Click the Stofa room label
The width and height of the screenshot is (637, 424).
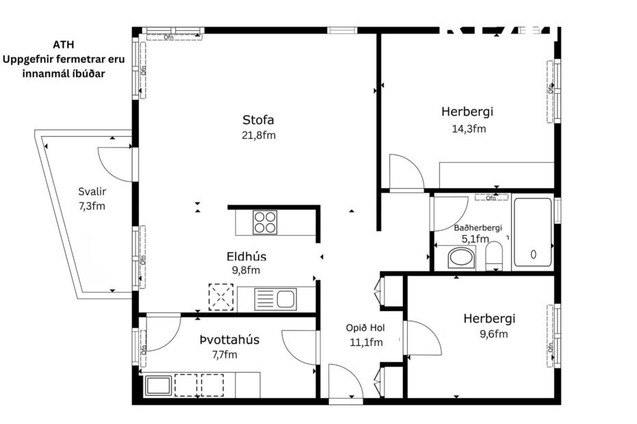click(258, 120)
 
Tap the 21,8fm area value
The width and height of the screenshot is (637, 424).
click(258, 135)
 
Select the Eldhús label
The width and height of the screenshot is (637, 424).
click(246, 256)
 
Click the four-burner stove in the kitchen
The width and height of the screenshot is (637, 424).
click(265, 222)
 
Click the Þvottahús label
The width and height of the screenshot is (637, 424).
click(229, 340)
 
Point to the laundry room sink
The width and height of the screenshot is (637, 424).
click(159, 385)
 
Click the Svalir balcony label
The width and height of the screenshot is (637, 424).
click(92, 191)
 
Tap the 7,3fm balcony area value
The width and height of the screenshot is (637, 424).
click(92, 205)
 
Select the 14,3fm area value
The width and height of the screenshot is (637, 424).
click(468, 129)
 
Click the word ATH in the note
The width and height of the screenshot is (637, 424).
click(62, 45)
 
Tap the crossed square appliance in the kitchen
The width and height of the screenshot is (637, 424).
click(221, 298)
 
